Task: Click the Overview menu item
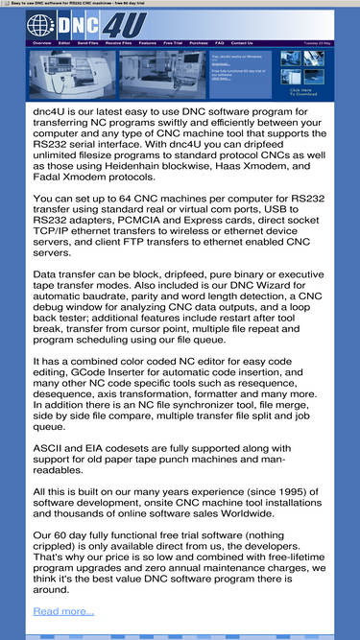coord(42,43)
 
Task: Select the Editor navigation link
coord(64,43)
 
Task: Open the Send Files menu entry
coord(87,43)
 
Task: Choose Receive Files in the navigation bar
coord(119,43)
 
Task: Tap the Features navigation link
coord(148,43)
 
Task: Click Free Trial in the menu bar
coord(173,43)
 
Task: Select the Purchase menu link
coord(199,43)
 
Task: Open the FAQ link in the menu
coord(220,43)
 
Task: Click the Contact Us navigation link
coord(242,43)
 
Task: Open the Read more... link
coord(63,611)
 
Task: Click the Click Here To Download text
coord(303,92)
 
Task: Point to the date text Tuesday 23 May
coord(318,43)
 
